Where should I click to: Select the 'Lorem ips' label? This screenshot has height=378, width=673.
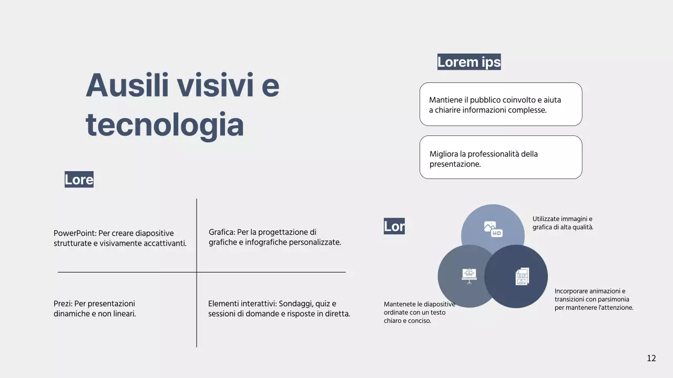click(469, 62)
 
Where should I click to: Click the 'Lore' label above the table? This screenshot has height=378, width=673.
click(79, 180)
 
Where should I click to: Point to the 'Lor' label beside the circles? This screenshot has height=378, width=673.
click(394, 226)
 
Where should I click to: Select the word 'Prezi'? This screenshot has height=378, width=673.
click(63, 303)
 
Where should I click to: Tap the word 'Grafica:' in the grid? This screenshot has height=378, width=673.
click(221, 232)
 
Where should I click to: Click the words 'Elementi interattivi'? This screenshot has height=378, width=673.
click(241, 303)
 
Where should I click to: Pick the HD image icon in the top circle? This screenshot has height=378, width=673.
click(493, 229)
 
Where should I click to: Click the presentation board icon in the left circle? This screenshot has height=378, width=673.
click(469, 276)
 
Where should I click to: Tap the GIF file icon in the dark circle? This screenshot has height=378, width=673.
click(522, 277)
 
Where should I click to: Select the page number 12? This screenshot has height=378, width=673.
click(651, 358)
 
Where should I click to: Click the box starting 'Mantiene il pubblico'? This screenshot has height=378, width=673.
click(501, 104)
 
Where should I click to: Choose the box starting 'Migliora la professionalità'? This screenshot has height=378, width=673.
click(501, 157)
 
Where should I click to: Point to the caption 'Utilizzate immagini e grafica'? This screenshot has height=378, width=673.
click(563, 223)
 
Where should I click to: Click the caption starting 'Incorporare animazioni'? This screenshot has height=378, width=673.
click(594, 299)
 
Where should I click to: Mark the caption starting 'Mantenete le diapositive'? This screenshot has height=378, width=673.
click(419, 312)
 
